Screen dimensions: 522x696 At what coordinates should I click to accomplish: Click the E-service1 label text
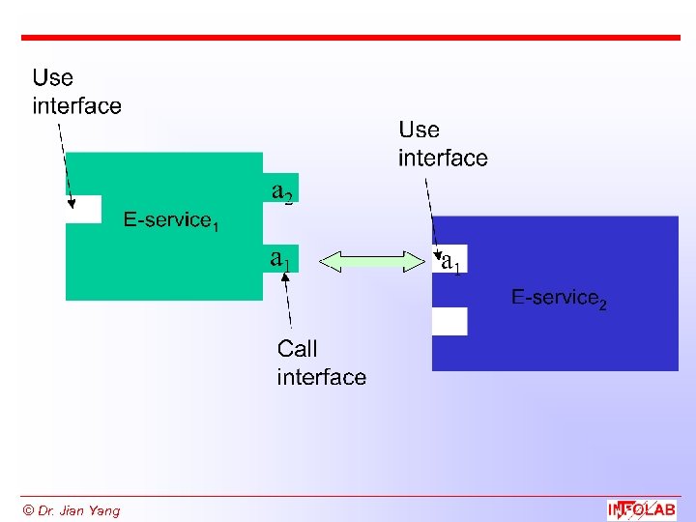[170, 221]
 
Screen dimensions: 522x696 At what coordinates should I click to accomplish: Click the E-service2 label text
[559, 299]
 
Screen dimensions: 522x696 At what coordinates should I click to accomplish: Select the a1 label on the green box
[280, 258]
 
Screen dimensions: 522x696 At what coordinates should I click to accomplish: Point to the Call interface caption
[321, 362]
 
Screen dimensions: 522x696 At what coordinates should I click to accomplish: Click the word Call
[297, 349]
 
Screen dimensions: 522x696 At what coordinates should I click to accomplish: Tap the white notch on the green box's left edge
[84, 209]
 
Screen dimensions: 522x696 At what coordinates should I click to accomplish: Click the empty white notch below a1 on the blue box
[449, 321]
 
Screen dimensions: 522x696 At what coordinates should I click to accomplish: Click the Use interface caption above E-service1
[76, 92]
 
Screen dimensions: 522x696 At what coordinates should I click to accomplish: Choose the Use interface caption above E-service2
[443, 143]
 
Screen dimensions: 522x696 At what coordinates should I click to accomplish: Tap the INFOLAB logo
[641, 509]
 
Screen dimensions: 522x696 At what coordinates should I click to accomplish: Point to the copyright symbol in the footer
[28, 510]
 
